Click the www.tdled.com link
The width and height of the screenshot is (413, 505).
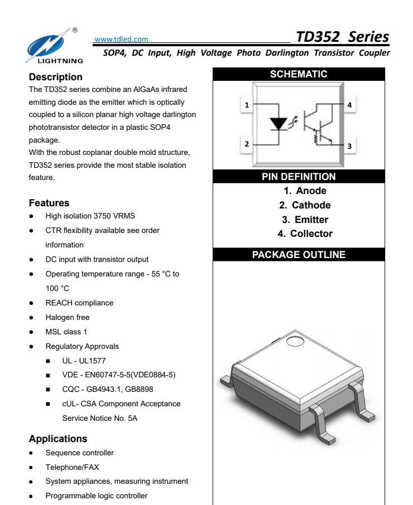point(121,39)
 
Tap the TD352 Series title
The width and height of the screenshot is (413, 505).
point(342,37)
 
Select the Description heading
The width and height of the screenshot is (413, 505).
point(55,77)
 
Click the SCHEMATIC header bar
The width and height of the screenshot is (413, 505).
point(299,74)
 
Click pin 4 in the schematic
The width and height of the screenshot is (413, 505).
point(349,105)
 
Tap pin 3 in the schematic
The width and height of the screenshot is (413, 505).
point(349,146)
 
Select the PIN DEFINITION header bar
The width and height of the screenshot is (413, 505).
point(299,177)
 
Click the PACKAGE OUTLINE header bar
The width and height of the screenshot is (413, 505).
point(299,255)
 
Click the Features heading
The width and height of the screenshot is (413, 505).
point(49,203)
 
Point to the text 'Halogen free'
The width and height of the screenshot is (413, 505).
point(68,317)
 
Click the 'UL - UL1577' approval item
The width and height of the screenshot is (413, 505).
point(84,361)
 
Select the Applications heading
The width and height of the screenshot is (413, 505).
point(58,439)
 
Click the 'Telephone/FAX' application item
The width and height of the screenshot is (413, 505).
point(72,467)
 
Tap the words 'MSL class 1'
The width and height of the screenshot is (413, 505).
point(66,332)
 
